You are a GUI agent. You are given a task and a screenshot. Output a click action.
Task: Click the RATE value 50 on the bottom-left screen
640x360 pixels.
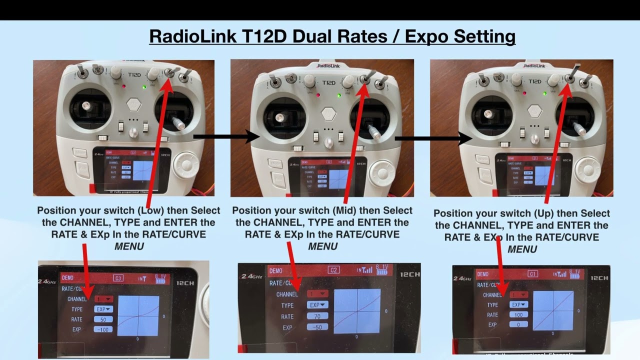tap(103, 319)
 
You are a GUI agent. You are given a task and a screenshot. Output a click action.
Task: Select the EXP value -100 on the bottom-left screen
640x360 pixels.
tap(103, 329)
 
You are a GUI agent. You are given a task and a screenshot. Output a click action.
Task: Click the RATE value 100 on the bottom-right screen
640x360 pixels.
tap(518, 314)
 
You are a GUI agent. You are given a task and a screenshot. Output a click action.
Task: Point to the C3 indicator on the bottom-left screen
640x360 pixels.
tap(118, 277)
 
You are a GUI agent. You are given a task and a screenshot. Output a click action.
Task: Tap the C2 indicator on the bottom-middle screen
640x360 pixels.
tap(333, 270)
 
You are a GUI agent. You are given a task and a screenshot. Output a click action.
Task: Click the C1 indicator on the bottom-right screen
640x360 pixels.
tap(533, 274)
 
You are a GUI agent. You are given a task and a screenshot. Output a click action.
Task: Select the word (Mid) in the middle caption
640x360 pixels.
tap(342, 210)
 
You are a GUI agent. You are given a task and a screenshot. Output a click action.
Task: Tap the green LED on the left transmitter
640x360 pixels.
tap(144, 87)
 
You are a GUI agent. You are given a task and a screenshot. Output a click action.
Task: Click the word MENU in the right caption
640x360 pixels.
tap(522, 249)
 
